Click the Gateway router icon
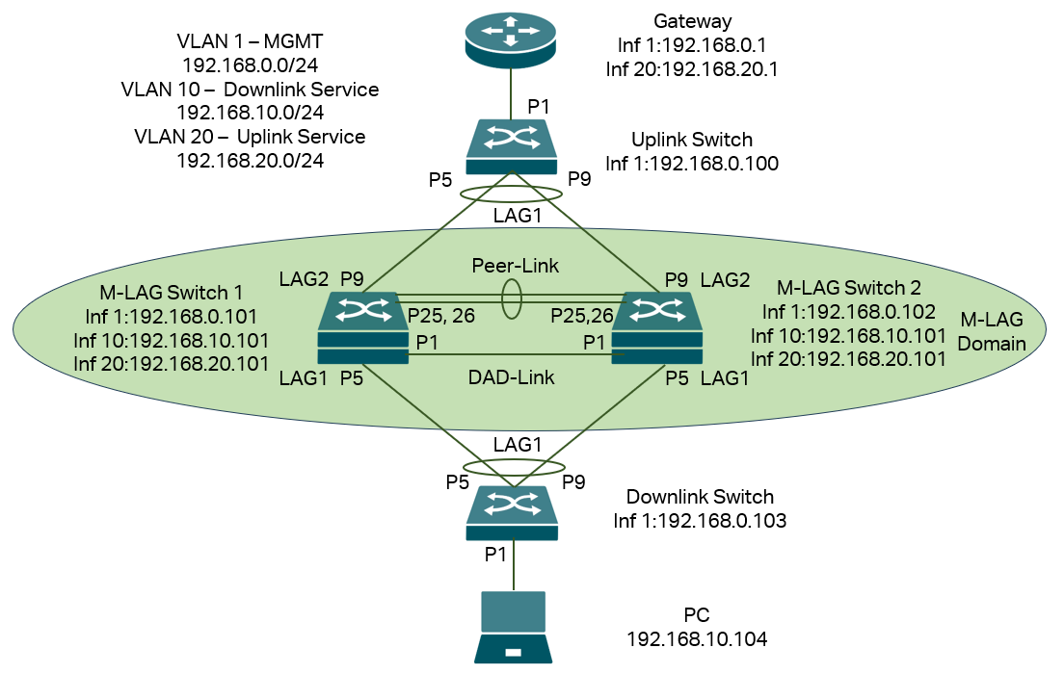click(511, 36)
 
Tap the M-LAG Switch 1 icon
click(363, 327)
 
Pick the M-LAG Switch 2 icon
click(657, 327)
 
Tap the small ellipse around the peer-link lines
click(511, 298)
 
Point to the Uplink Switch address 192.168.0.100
click(692, 164)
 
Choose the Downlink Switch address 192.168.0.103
click(700, 521)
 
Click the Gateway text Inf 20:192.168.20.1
click(691, 69)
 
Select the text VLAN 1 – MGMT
click(250, 41)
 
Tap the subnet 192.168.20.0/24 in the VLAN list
click(250, 160)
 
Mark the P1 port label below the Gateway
click(539, 104)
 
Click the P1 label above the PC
click(495, 554)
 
